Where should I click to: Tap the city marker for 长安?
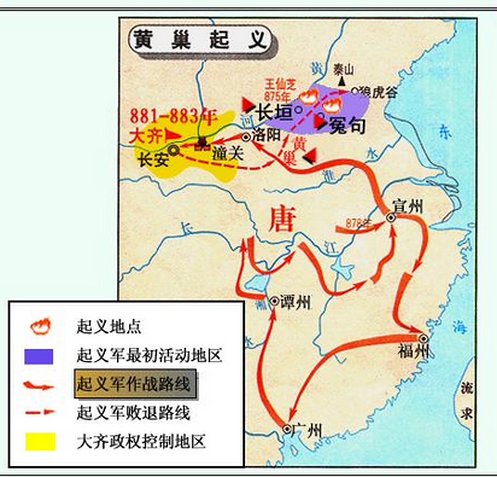pyautogui.click(x=173, y=150)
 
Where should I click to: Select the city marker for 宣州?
pyautogui.click(x=390, y=218)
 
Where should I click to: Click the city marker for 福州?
pyautogui.click(x=423, y=338)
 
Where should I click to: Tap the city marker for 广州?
pyautogui.click(x=286, y=429)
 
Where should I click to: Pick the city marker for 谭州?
pyautogui.click(x=274, y=301)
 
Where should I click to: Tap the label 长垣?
pyautogui.click(x=275, y=112)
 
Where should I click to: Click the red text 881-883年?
pyautogui.click(x=173, y=117)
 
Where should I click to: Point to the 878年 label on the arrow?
pyautogui.click(x=358, y=223)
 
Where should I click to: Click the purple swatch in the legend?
pyautogui.click(x=38, y=356)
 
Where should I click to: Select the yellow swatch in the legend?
pyautogui.click(x=40, y=441)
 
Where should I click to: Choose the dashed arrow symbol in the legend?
pyautogui.click(x=39, y=412)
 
